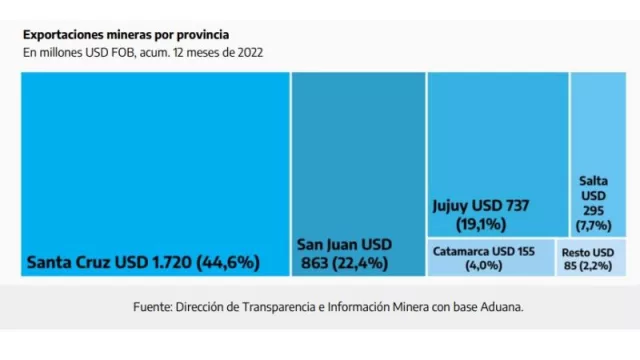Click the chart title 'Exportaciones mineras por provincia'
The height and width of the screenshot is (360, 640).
(x=126, y=33)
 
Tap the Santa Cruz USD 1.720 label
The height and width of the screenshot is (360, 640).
(x=110, y=263)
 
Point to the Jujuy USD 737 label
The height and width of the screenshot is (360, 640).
(x=479, y=206)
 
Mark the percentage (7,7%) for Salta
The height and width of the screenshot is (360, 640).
(x=593, y=226)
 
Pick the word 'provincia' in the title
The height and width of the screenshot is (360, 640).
(x=201, y=33)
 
